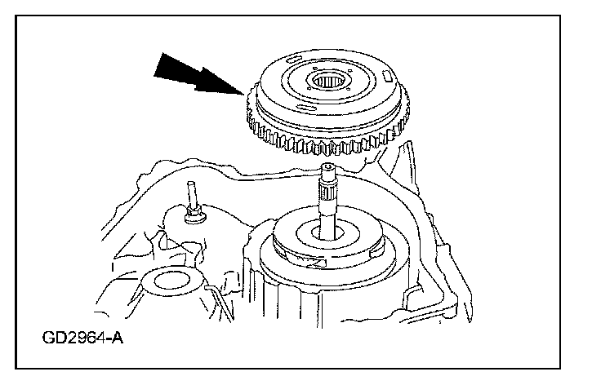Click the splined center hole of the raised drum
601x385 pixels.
pyautogui.click(x=330, y=82)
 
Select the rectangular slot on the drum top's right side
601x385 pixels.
pyautogui.click(x=385, y=75)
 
